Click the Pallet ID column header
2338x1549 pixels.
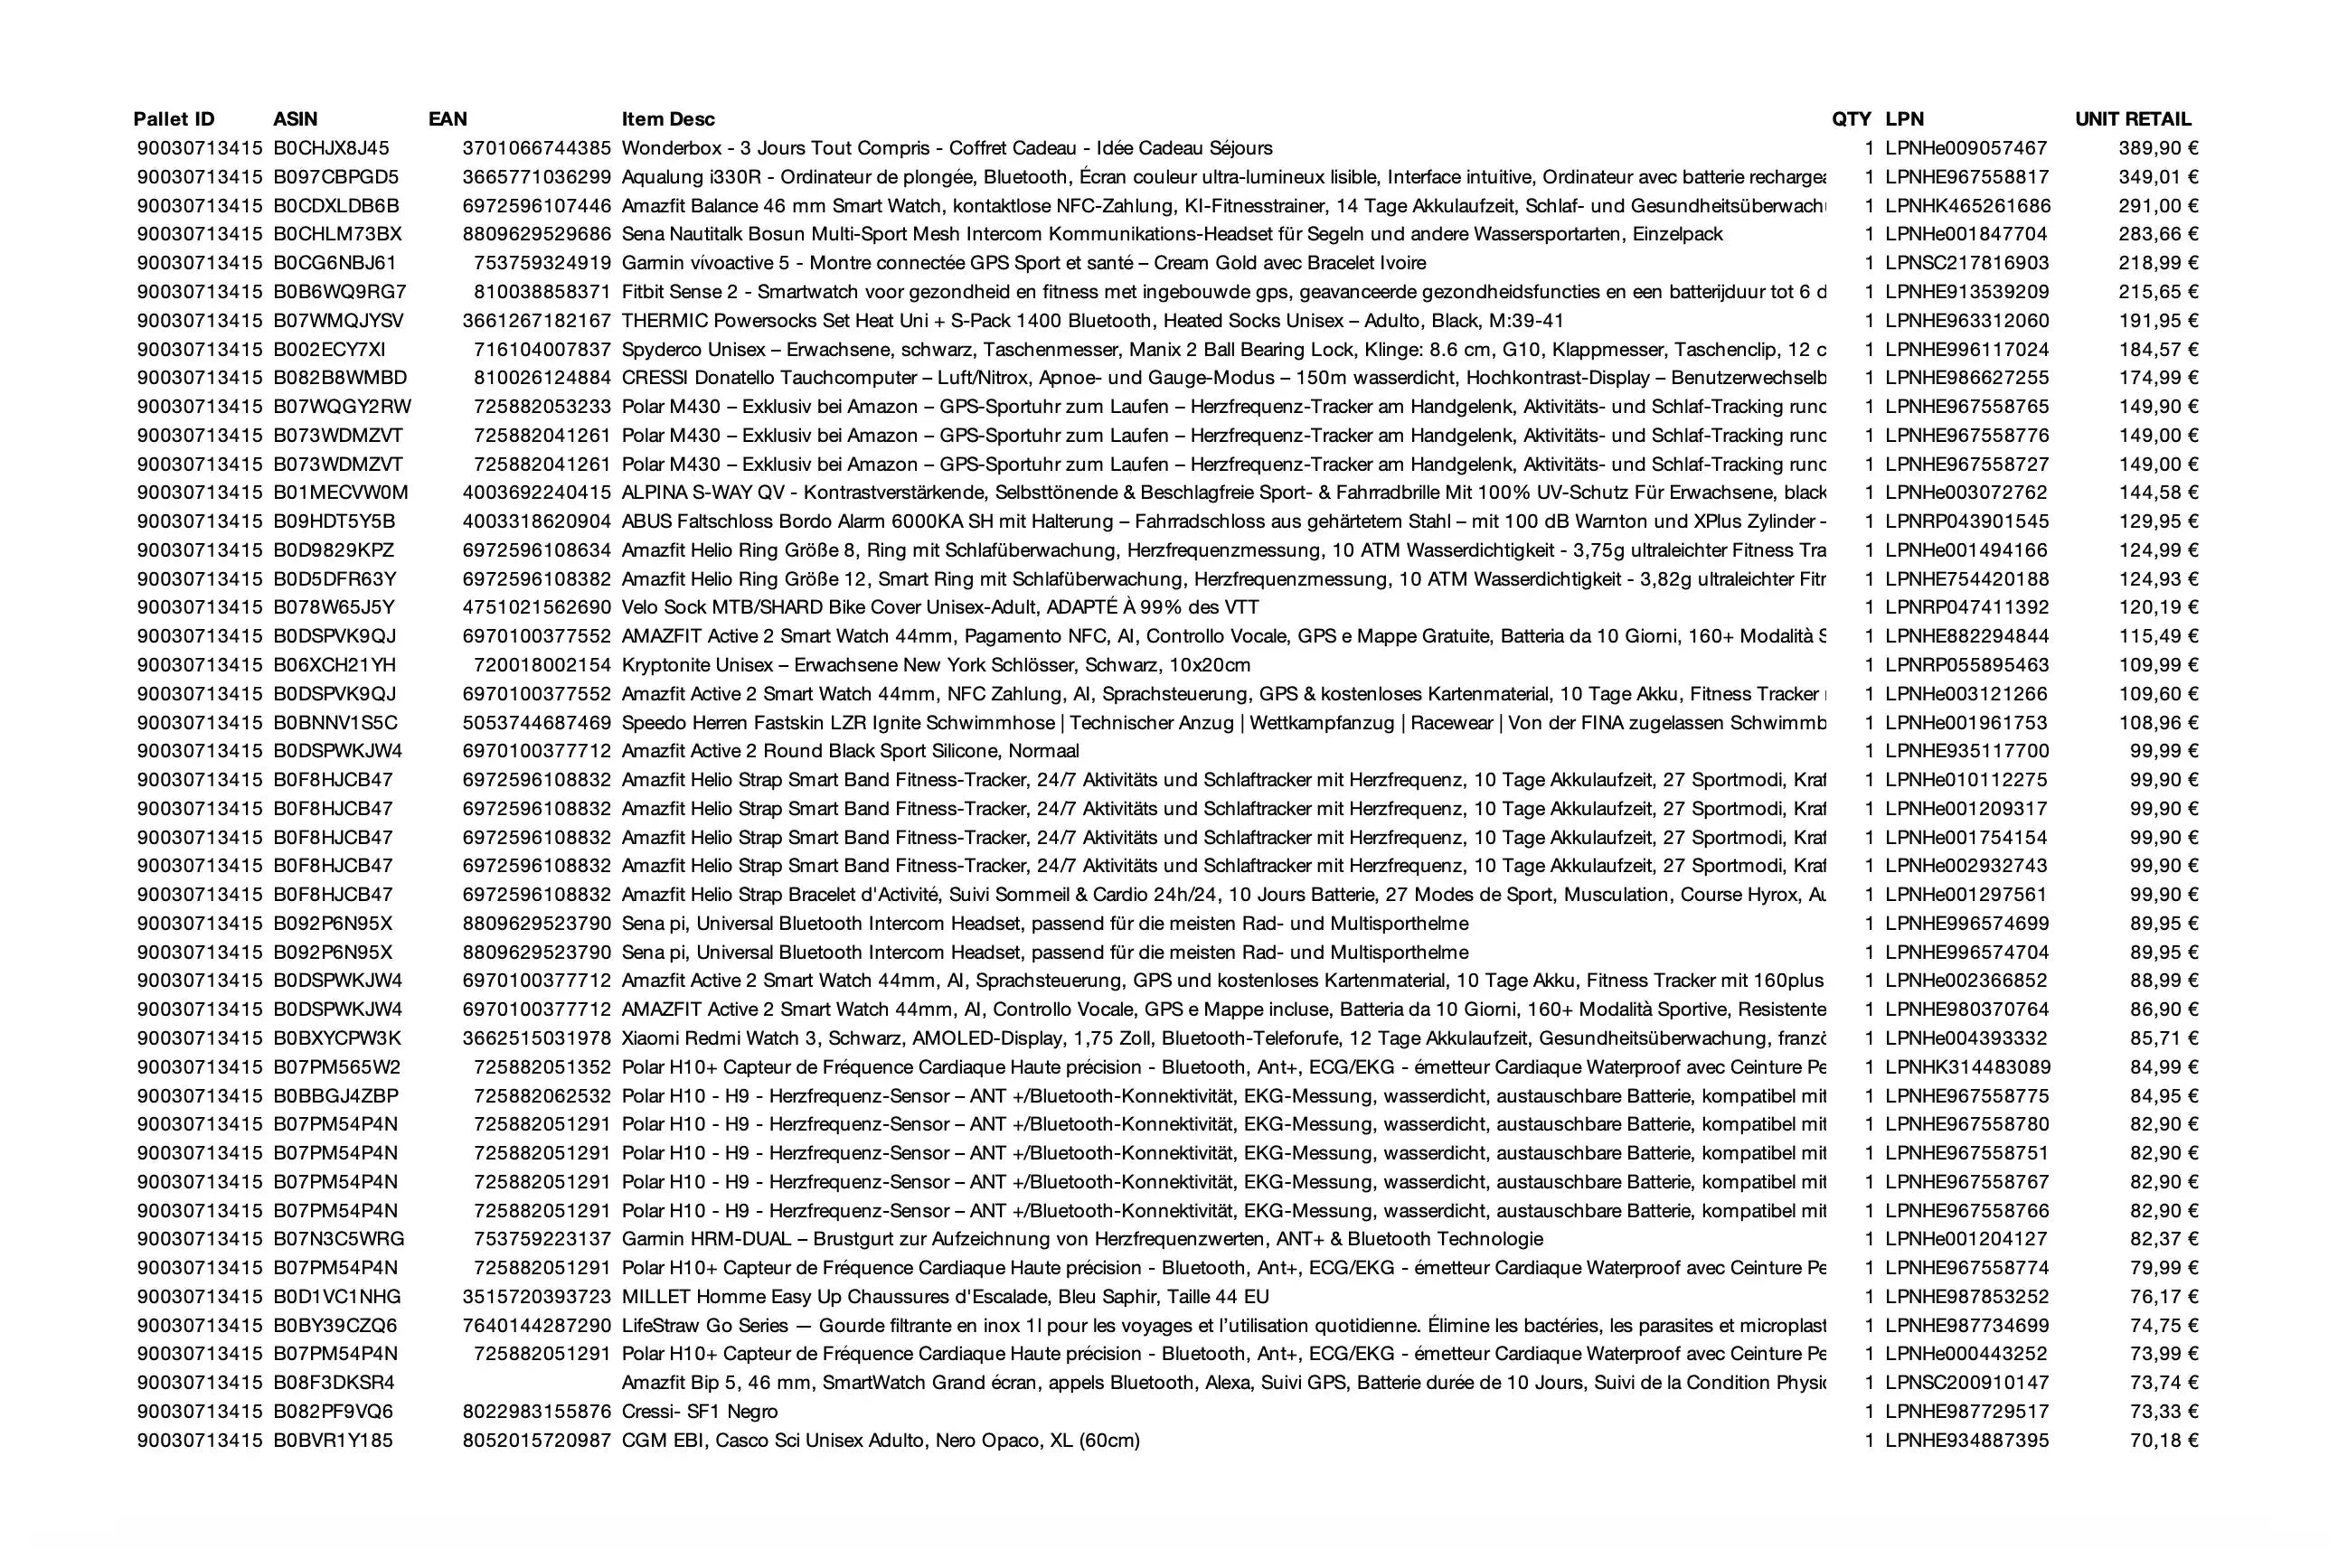pos(173,119)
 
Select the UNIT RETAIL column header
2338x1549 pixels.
pos(2133,119)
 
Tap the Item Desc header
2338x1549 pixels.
pos(668,119)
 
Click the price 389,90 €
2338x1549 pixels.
pos(2157,148)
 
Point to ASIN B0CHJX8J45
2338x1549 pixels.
pos(331,148)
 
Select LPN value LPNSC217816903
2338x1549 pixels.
pos(1966,263)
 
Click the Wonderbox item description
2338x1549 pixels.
pos(947,148)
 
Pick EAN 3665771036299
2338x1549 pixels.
pos(536,177)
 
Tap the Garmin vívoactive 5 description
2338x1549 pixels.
pos(1023,263)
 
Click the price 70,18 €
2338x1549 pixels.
pos(2164,1441)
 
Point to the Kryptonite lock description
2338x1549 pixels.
pos(936,665)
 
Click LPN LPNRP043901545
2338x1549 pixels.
pos(1966,521)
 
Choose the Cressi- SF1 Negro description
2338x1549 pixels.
pos(700,1412)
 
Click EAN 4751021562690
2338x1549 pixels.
pos(536,607)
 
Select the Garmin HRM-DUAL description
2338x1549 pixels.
pos(1082,1239)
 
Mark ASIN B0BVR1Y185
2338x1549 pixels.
pos(333,1441)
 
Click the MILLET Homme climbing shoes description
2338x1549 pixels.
pos(945,1296)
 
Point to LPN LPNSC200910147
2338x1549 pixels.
pos(1966,1383)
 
